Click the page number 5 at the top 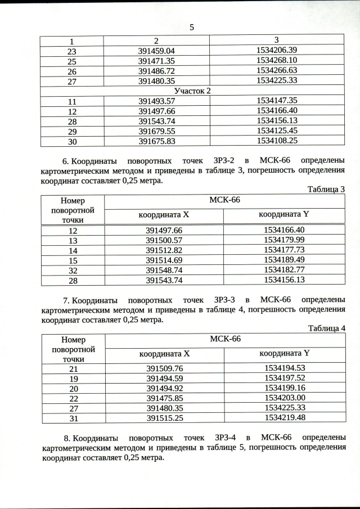tap(192, 27)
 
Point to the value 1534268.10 tap(276, 61)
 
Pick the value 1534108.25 tap(276, 141)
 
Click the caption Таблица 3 tap(326, 190)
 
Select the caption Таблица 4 tap(326, 328)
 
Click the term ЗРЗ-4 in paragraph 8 tap(226, 437)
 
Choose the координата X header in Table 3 tap(164, 215)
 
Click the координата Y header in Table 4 tap(284, 354)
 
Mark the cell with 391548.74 tap(164, 269)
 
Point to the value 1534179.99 tap(284, 240)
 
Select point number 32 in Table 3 tap(73, 269)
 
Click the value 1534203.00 tap(284, 398)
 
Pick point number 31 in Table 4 tap(74, 418)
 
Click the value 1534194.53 tap(284, 368)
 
